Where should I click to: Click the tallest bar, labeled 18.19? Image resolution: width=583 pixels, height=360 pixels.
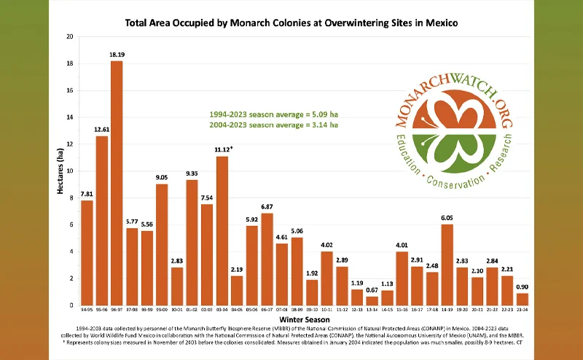click(117, 182)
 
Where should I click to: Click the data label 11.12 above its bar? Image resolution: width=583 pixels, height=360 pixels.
click(223, 149)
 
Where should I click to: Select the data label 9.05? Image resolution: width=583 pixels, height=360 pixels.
click(162, 176)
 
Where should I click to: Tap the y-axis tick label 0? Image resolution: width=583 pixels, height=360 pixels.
click(71, 305)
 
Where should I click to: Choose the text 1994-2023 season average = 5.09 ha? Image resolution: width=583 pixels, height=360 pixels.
click(273, 114)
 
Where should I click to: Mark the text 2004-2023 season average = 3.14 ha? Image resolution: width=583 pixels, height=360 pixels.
click(273, 125)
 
